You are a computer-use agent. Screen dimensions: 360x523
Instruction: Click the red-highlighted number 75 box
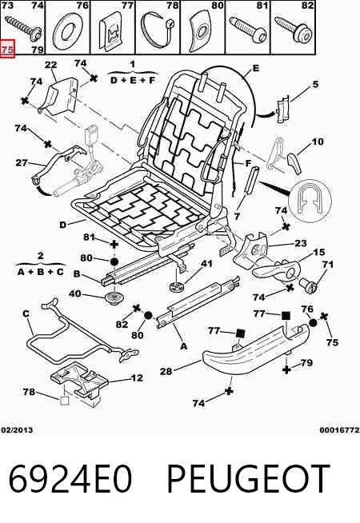click(7, 49)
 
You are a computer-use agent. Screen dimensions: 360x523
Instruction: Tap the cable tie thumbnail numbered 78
click(157, 30)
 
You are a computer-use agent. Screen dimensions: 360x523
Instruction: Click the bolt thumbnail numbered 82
click(294, 30)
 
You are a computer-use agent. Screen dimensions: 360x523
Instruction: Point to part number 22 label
click(50, 65)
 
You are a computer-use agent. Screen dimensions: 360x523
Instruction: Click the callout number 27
click(22, 163)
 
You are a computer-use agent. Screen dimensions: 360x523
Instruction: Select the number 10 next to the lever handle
click(318, 142)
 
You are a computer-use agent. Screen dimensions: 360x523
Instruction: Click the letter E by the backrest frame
click(256, 69)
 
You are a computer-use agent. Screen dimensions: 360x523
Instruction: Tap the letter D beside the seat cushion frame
click(63, 226)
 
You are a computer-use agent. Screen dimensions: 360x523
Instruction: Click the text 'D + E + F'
click(133, 80)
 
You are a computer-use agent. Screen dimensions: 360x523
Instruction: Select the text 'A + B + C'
click(41, 272)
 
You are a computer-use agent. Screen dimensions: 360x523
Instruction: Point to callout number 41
click(206, 264)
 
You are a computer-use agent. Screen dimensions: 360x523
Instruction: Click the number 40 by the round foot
click(74, 293)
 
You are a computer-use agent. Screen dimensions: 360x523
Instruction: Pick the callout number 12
click(137, 378)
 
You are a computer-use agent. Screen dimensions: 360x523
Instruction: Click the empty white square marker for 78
click(64, 401)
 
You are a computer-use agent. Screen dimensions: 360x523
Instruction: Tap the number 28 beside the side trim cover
click(166, 371)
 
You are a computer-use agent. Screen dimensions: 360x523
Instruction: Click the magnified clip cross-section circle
click(310, 202)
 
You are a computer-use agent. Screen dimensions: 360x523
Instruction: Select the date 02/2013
click(17, 430)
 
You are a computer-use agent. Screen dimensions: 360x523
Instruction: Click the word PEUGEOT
click(248, 479)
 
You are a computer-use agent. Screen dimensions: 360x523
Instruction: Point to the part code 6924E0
click(70, 479)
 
